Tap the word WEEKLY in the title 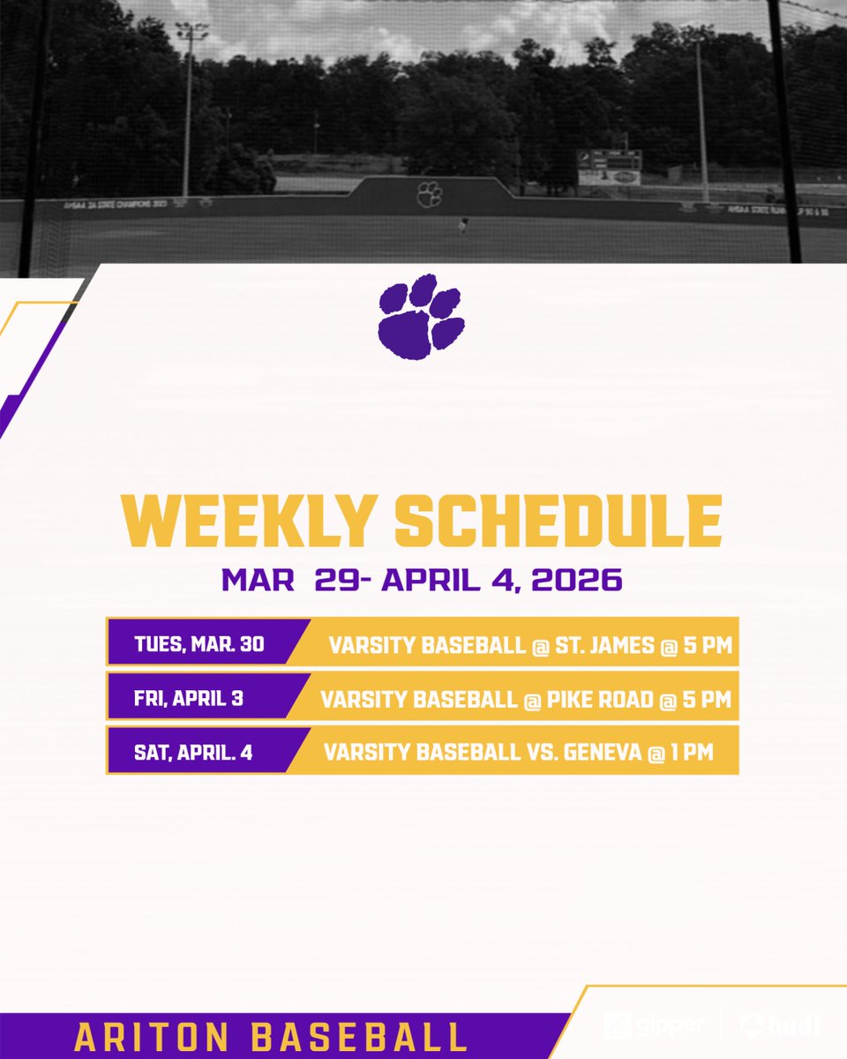coord(249,522)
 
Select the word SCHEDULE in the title coord(558,522)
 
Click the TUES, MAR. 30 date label coord(199,644)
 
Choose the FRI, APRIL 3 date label coord(189,698)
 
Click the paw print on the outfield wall coord(430,193)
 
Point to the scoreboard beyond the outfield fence coord(609,167)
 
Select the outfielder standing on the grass coord(461,226)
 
